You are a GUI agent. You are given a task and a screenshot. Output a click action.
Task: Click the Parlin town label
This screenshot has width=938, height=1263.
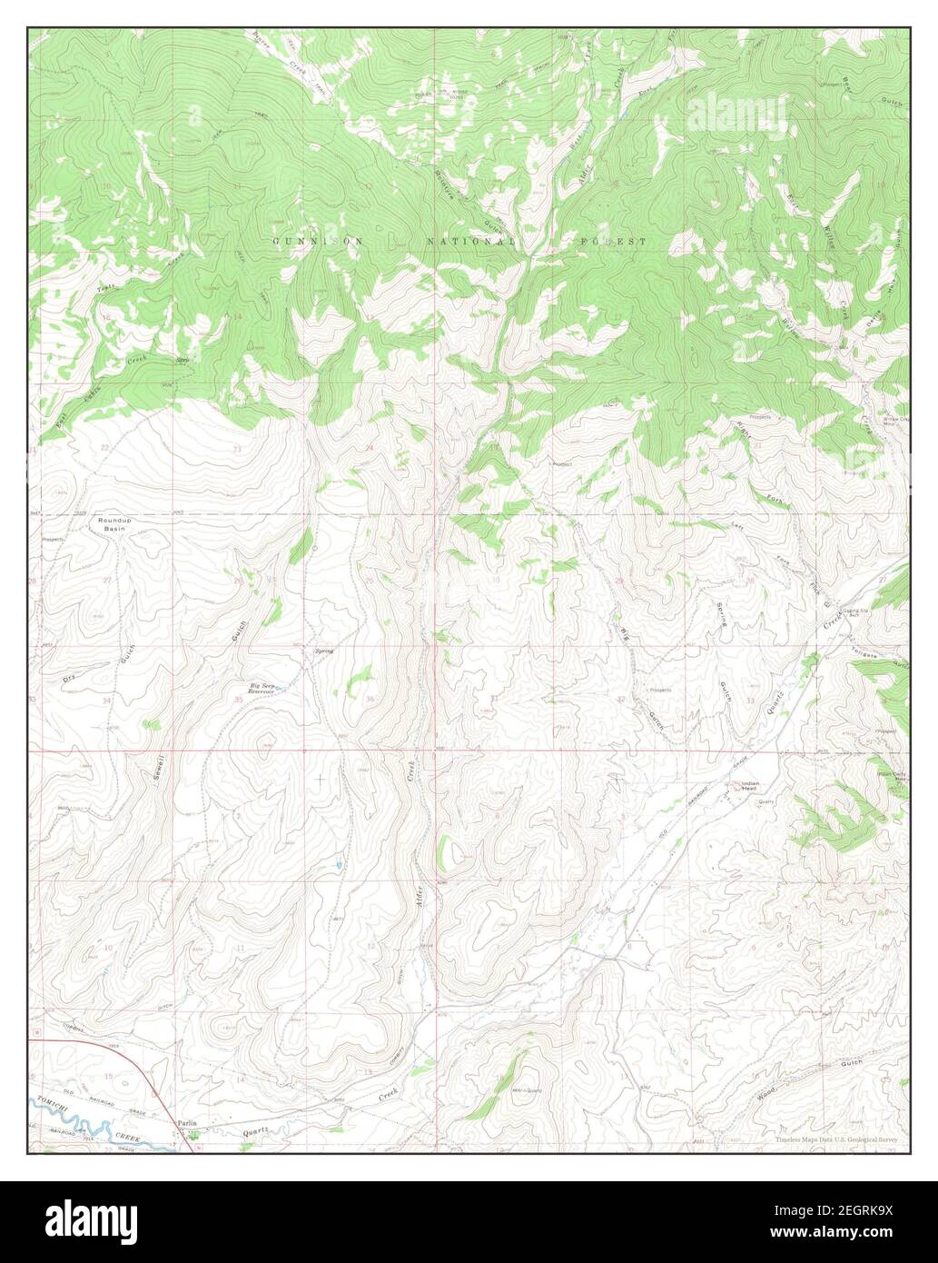(x=187, y=1123)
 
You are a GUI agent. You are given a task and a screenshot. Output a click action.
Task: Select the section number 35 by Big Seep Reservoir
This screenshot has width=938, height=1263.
(x=239, y=700)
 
